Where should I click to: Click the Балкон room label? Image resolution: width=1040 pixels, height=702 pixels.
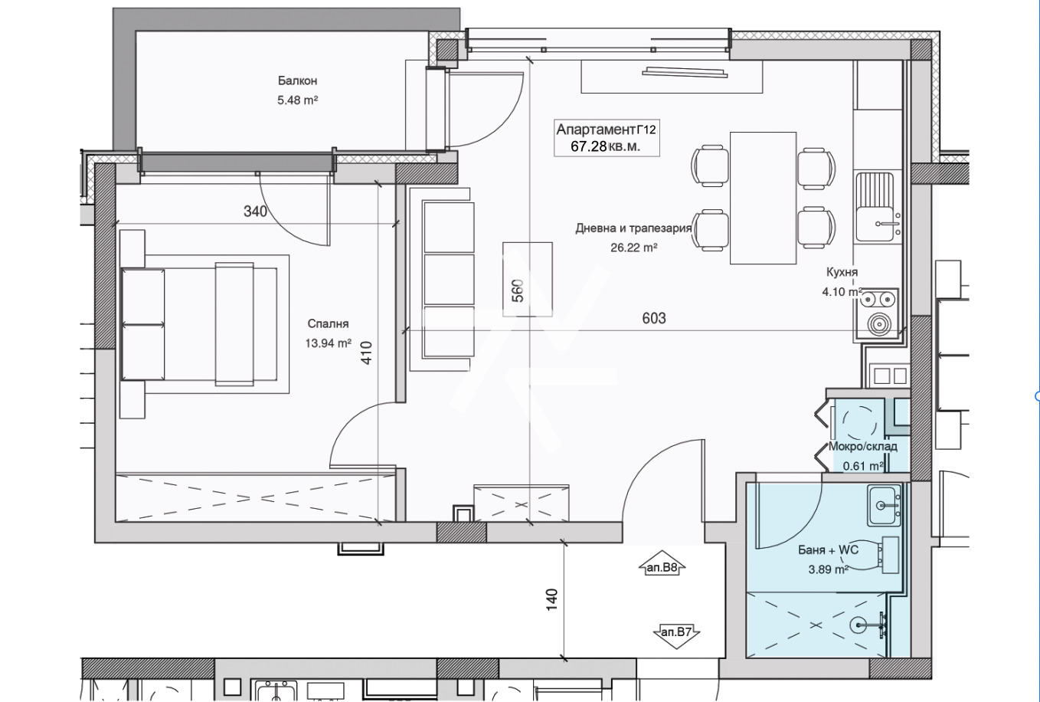click(x=298, y=80)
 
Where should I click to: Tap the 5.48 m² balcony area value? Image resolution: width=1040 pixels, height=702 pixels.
click(x=298, y=100)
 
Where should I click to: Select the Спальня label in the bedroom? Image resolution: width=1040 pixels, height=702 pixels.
click(x=328, y=324)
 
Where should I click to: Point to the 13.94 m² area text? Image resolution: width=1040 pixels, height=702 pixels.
click(x=328, y=343)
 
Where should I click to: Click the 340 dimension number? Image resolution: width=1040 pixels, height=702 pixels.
click(x=255, y=212)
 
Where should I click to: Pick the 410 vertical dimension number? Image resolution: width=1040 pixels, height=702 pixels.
click(x=366, y=353)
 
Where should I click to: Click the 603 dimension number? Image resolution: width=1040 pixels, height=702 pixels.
click(x=654, y=318)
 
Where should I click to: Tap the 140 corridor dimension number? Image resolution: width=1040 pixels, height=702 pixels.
click(x=551, y=600)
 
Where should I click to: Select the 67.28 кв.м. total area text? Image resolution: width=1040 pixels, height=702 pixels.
click(x=606, y=146)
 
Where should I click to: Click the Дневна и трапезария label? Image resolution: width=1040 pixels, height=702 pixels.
click(x=633, y=228)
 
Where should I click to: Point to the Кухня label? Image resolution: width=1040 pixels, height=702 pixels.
click(x=842, y=272)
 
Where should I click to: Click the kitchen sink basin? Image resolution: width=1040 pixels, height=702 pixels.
click(x=875, y=224)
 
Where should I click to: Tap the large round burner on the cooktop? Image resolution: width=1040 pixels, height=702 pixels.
click(x=878, y=324)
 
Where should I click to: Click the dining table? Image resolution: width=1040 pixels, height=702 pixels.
click(x=764, y=198)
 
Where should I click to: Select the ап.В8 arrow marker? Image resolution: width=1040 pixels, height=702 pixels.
click(x=662, y=563)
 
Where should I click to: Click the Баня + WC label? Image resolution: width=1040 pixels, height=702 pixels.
click(x=829, y=550)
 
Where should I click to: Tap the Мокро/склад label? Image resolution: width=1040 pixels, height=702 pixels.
click(x=862, y=447)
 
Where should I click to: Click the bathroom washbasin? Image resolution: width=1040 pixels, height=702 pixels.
click(x=884, y=506)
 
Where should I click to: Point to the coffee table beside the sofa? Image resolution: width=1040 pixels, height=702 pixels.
click(x=528, y=279)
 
